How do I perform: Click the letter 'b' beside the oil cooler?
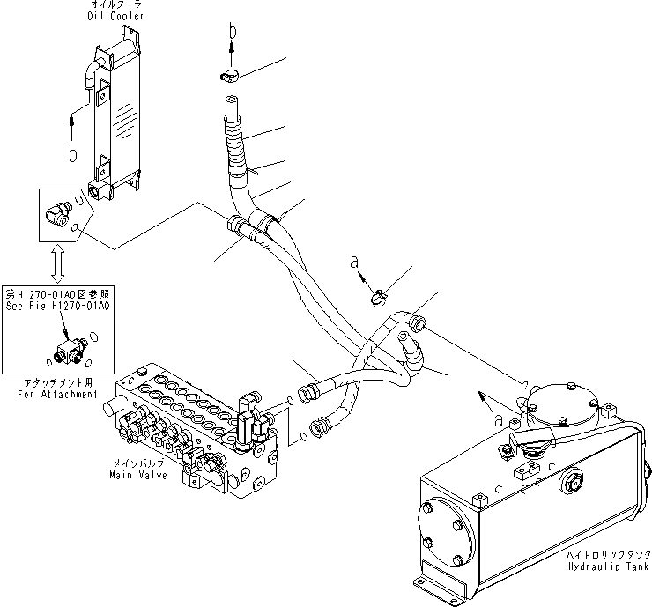pos(73,155)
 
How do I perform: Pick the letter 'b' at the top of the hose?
pos(232,31)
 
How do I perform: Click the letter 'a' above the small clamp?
pos(354,263)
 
